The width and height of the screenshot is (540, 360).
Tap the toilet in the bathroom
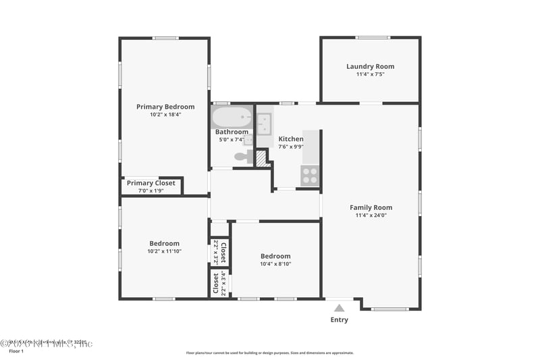point(241,157)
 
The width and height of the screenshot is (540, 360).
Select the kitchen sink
point(264,124)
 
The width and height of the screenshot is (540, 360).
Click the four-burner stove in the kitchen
point(310,176)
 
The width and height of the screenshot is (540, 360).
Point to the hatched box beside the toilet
point(261,157)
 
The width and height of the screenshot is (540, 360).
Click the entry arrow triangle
point(339,308)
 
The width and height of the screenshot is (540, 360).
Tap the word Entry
point(339,319)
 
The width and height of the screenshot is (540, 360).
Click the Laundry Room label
point(370,66)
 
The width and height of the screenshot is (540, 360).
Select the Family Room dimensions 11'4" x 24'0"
point(371,215)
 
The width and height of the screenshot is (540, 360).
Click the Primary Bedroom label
point(165,107)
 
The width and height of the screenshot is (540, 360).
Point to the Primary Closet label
point(151,183)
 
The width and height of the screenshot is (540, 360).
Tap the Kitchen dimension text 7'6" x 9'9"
point(291,147)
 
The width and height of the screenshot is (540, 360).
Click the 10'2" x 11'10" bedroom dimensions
point(165,251)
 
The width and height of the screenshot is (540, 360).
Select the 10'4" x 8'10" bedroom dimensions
point(275,264)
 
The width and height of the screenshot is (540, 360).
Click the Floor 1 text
point(16,351)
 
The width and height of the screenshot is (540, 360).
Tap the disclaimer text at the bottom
point(269,353)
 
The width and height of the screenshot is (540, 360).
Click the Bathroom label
point(232,132)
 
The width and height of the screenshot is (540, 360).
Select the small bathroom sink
point(248,140)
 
